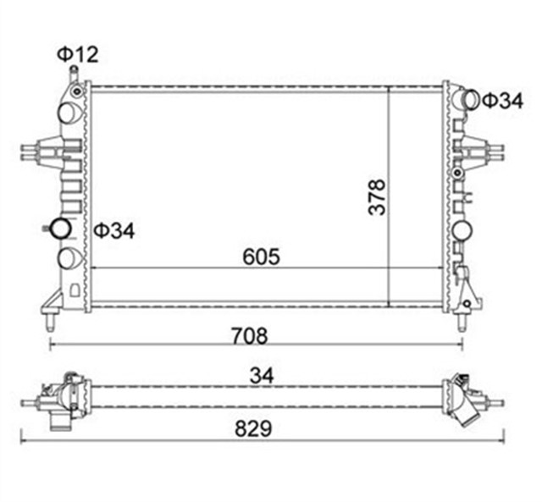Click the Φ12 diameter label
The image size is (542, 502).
pos(78,55)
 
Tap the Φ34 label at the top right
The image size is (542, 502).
pos(503,101)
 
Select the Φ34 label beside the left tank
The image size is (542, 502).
pos(114,229)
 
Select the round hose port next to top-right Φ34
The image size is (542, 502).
pos(467,99)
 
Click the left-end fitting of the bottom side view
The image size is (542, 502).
pos(68,396)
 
